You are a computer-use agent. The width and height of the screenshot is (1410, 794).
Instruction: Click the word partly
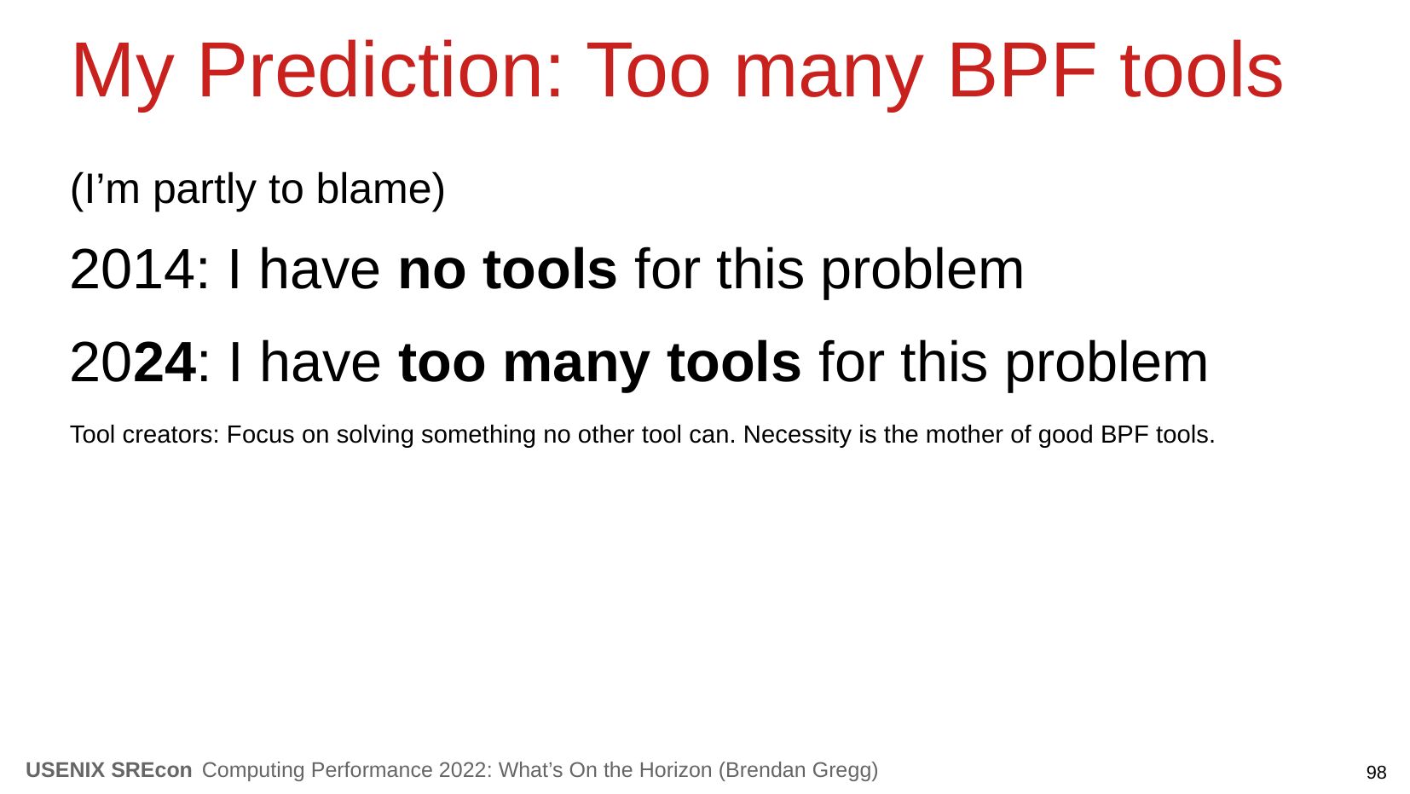click(x=205, y=190)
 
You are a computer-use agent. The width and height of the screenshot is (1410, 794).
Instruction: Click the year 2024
click(x=132, y=362)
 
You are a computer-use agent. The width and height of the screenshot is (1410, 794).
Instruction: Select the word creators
click(x=170, y=435)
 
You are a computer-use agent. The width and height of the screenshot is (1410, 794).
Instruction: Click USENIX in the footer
click(x=65, y=770)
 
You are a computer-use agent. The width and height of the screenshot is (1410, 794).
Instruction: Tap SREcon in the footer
click(x=152, y=770)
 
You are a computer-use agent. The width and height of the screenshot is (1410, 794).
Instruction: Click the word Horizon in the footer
click(x=675, y=770)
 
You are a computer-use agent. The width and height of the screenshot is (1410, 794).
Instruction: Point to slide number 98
click(x=1376, y=773)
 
